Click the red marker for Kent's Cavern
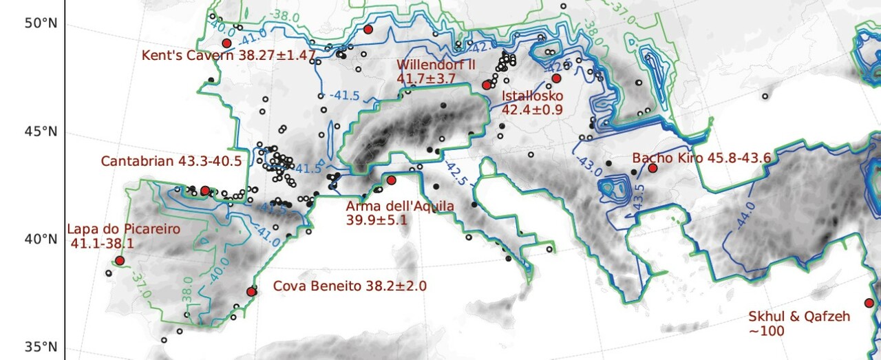click(x=226, y=43)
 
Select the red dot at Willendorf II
click(x=487, y=85)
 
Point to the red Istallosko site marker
click(x=556, y=78)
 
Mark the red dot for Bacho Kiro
click(x=652, y=168)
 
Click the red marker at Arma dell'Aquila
click(x=391, y=180)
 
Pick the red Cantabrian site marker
click(x=204, y=190)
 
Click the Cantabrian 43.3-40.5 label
click(x=171, y=161)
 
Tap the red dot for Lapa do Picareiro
click(x=120, y=261)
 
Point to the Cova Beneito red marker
click(x=251, y=292)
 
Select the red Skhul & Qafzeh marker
click(x=869, y=303)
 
